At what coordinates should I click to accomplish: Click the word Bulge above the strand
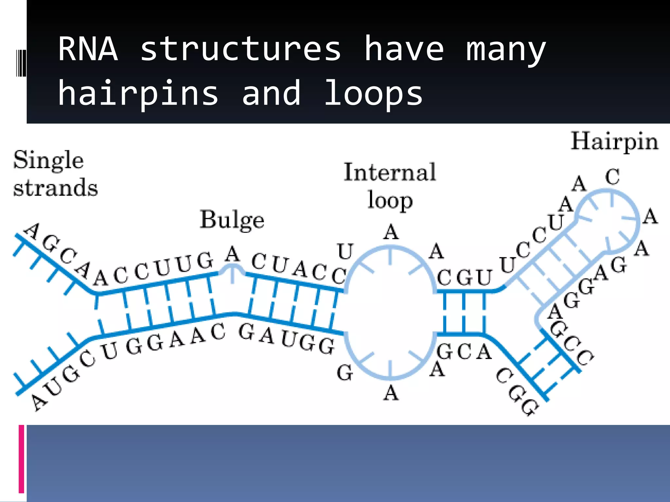pyautogui.click(x=232, y=220)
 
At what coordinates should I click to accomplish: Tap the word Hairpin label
pyautogui.click(x=614, y=142)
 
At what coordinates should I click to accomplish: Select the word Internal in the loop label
pyautogui.click(x=390, y=172)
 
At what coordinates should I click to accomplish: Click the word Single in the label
pyautogui.click(x=48, y=160)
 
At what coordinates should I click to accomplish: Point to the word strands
pyautogui.click(x=55, y=188)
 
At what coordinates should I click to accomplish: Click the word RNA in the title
pyautogui.click(x=88, y=49)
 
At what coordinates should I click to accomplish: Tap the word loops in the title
pyautogui.click(x=373, y=93)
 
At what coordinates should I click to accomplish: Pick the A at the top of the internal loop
pyautogui.click(x=391, y=233)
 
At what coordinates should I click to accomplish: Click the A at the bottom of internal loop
pyautogui.click(x=391, y=393)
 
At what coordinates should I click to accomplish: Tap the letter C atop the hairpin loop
pyautogui.click(x=612, y=177)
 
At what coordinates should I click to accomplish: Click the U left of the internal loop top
pyautogui.click(x=345, y=252)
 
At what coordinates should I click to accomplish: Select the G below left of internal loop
pyautogui.click(x=345, y=373)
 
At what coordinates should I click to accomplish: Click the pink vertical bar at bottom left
pyautogui.click(x=22, y=459)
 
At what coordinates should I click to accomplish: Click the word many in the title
pyautogui.click(x=506, y=49)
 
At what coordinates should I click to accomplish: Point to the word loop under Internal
pyautogui.click(x=390, y=200)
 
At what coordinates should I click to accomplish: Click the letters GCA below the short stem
pyautogui.click(x=464, y=352)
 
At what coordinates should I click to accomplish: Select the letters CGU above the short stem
pyautogui.click(x=464, y=278)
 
